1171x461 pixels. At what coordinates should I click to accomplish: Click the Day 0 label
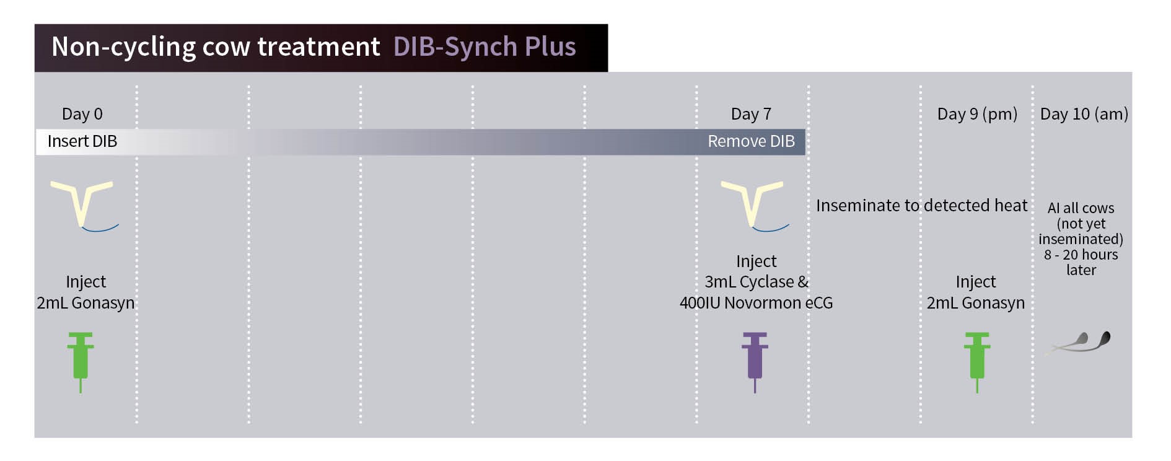coord(82,114)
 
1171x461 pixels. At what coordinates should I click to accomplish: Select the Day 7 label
coord(751,114)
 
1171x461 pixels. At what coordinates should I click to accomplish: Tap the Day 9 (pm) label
coord(977,114)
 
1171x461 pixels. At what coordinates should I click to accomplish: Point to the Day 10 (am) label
coord(1084,114)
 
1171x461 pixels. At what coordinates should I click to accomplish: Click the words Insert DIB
coord(82,141)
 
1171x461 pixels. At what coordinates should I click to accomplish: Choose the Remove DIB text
coord(751,141)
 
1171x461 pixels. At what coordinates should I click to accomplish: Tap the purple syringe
coord(755,362)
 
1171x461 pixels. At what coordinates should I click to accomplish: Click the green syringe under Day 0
coord(81,362)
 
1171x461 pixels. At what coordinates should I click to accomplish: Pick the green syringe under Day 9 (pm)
coord(977,362)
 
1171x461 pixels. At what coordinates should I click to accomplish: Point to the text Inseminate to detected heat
coord(921,205)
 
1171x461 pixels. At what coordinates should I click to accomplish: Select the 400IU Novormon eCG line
coord(756,303)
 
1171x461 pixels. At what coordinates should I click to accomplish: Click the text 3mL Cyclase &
coord(756,282)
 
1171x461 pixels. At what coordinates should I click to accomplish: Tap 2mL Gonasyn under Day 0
coord(86,303)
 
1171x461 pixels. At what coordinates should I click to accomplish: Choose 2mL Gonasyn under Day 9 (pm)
coord(976,303)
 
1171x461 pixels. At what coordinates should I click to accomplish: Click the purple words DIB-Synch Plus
coord(485,46)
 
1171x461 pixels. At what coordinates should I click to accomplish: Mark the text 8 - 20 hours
coord(1081,255)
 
